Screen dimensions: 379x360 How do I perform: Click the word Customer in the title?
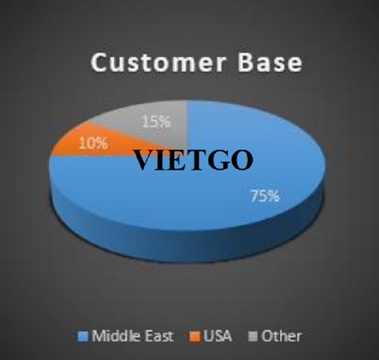click(158, 62)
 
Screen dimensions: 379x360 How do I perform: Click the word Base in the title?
click(270, 62)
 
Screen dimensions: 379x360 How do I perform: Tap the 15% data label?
click(156, 121)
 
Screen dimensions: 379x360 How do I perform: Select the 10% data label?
click(93, 143)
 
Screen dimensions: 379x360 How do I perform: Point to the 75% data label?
click(265, 196)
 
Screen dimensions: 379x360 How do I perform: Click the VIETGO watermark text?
click(193, 160)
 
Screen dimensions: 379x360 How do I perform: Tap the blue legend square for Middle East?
click(83, 337)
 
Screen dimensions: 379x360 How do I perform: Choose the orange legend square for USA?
click(195, 337)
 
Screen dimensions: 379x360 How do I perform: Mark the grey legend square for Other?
click(253, 337)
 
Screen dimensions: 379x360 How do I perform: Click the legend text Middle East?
click(133, 337)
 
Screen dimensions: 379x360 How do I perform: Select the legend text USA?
click(218, 337)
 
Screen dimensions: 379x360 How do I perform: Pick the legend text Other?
click(282, 337)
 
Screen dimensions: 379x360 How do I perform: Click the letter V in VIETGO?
click(143, 160)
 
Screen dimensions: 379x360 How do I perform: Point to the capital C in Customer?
click(100, 62)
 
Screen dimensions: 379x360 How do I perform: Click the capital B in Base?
click(246, 62)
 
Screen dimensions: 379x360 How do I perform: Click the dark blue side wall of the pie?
click(187, 245)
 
